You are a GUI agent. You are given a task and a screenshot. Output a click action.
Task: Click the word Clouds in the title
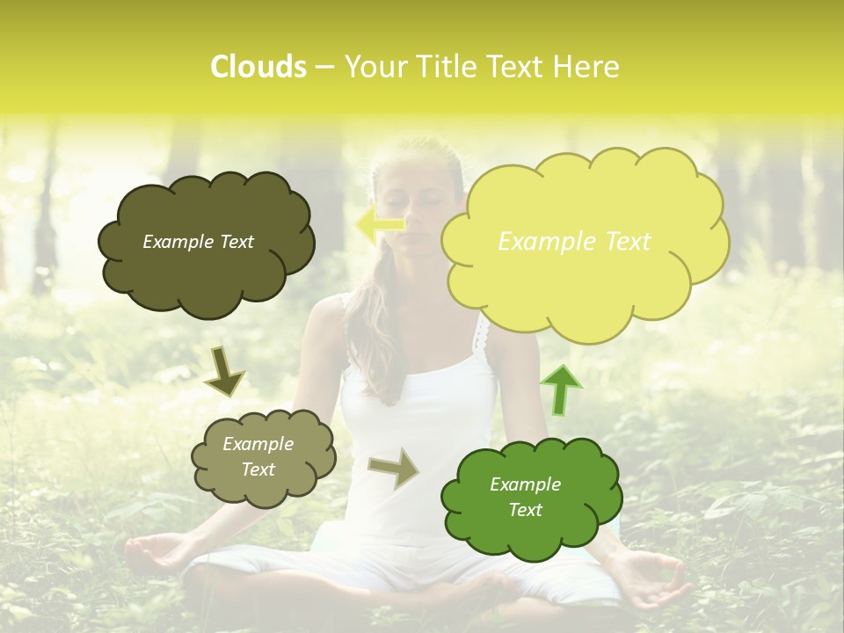tap(258, 67)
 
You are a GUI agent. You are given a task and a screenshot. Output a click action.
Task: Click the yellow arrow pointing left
tap(380, 223)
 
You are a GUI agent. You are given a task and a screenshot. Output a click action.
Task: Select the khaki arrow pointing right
tap(393, 468)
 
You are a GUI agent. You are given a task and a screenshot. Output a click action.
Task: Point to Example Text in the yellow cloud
tap(574, 242)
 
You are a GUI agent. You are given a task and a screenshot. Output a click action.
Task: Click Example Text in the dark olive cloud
tap(198, 242)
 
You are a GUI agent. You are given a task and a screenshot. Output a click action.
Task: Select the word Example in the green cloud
tap(525, 484)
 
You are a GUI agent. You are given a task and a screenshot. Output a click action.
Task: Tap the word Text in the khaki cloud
tap(258, 469)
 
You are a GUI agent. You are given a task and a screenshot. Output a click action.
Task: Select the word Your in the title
tap(369, 67)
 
